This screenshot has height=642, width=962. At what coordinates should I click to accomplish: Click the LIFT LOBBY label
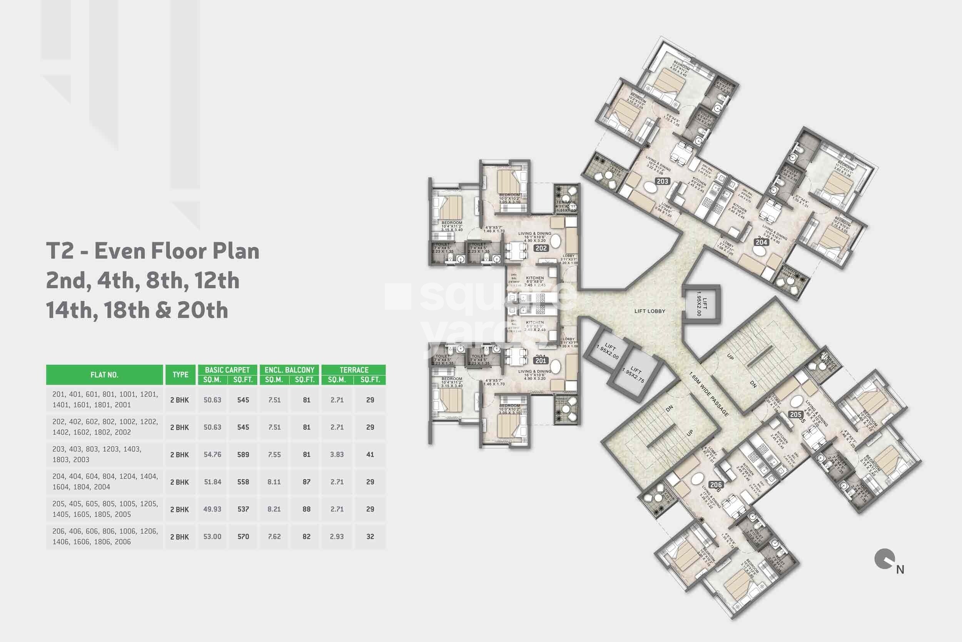pyautogui.click(x=650, y=311)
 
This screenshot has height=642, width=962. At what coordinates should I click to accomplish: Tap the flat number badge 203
pyautogui.click(x=662, y=181)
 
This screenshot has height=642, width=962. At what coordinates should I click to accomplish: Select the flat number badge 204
pyautogui.click(x=761, y=242)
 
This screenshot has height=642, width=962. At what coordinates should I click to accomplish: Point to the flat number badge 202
pyautogui.click(x=541, y=248)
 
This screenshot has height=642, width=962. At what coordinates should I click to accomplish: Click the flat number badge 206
pyautogui.click(x=716, y=485)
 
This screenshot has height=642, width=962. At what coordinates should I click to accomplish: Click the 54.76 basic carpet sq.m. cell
pyautogui.click(x=212, y=454)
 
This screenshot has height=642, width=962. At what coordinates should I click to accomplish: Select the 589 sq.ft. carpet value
pyautogui.click(x=243, y=454)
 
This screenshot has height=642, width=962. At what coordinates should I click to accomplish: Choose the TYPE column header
pyautogui.click(x=180, y=375)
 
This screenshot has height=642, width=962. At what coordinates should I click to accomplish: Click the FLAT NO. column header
pyautogui.click(x=104, y=375)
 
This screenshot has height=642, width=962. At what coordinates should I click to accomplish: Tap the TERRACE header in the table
pyautogui.click(x=354, y=370)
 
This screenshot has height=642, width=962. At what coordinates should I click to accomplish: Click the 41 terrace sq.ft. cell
pyautogui.click(x=370, y=454)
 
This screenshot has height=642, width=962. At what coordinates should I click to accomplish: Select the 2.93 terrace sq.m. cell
pyautogui.click(x=337, y=537)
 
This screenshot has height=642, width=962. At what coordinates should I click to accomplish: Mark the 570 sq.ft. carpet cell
pyautogui.click(x=243, y=537)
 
